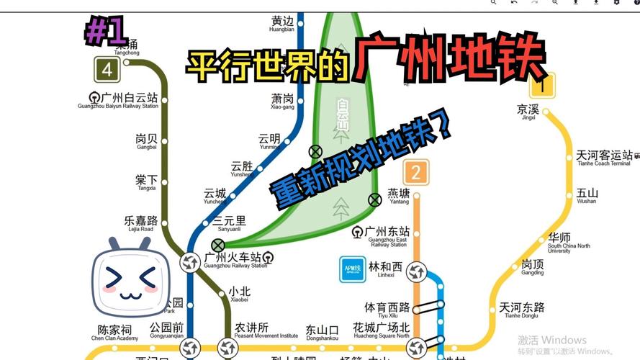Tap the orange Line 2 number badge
click(x=415, y=173)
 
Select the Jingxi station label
click(x=527, y=112)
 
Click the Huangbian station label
click(x=282, y=24)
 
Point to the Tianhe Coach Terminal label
click(x=605, y=158)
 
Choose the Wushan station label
click(x=587, y=196)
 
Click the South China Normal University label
click(x=559, y=242)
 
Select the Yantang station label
click(x=399, y=197)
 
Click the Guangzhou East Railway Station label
click(x=387, y=236)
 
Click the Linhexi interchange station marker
click(x=416, y=272)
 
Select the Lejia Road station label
click(x=140, y=223)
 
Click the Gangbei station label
click(x=146, y=141)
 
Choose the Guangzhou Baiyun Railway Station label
click(x=120, y=100)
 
